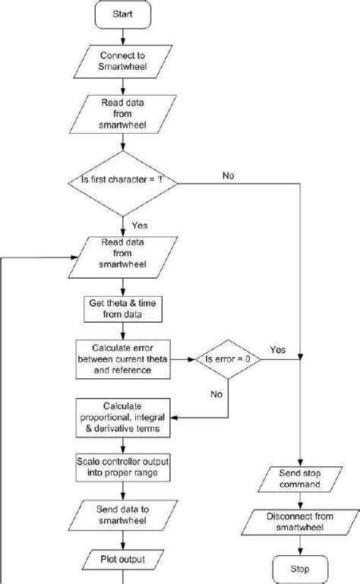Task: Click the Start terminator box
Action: (x=122, y=14)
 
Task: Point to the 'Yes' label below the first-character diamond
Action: (x=140, y=226)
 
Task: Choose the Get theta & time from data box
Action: (x=122, y=308)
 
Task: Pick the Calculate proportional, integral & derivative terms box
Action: (x=122, y=417)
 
